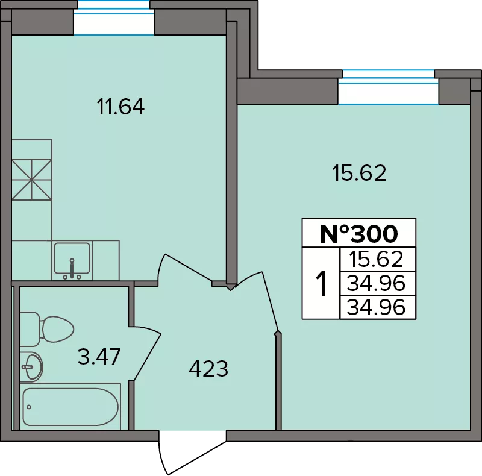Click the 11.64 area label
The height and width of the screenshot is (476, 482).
point(120,107)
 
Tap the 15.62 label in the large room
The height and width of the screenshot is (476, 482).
point(359,173)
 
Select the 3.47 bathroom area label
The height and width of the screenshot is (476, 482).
point(99,356)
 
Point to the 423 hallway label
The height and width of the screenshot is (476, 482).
point(208,369)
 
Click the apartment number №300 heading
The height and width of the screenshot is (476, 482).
point(359,234)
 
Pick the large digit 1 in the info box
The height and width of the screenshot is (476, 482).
point(321,284)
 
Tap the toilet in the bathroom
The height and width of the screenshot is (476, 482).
point(47,329)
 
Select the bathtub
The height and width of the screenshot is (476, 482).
point(70,407)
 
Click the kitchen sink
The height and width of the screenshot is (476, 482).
point(72,260)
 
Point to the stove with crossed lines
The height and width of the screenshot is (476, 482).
point(32,180)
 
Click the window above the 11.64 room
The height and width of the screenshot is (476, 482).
point(114,18)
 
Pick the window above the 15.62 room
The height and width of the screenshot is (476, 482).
point(389,87)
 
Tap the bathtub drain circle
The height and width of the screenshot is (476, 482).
point(29,407)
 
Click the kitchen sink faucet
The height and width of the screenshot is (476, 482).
point(72,269)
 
